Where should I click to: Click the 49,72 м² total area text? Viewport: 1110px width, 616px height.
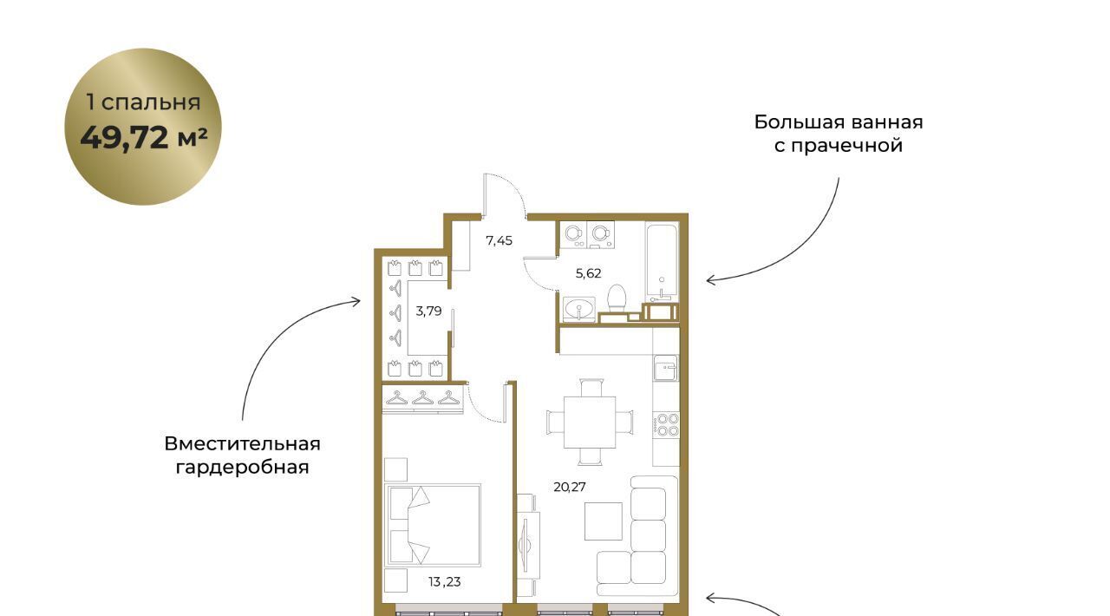point(144,138)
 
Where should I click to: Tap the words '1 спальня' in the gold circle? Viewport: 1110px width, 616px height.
point(143,102)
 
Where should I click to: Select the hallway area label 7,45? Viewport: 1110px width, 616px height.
point(499,241)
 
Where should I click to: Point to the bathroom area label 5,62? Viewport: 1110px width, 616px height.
point(588,273)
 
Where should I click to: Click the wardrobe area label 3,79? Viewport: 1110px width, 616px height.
point(428,311)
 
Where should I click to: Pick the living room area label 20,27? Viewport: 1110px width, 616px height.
point(570,487)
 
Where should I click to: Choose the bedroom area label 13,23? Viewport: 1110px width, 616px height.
point(445,582)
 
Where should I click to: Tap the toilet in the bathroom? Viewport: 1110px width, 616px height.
point(617,298)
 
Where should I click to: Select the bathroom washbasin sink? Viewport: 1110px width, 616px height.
point(578,310)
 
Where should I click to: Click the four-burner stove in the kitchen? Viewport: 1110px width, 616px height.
point(667,425)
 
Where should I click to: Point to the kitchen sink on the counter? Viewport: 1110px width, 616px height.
point(665,368)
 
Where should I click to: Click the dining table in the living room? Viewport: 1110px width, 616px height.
point(590,422)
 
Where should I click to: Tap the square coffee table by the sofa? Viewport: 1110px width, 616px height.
point(603,521)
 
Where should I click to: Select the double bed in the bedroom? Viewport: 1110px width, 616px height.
point(433,525)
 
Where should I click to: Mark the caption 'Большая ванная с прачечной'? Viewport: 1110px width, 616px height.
point(839,134)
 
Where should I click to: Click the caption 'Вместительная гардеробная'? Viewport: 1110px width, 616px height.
point(242,455)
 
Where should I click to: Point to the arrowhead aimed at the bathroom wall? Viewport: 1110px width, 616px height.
point(710,281)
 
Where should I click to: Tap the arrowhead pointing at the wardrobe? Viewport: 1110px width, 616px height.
point(356,301)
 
